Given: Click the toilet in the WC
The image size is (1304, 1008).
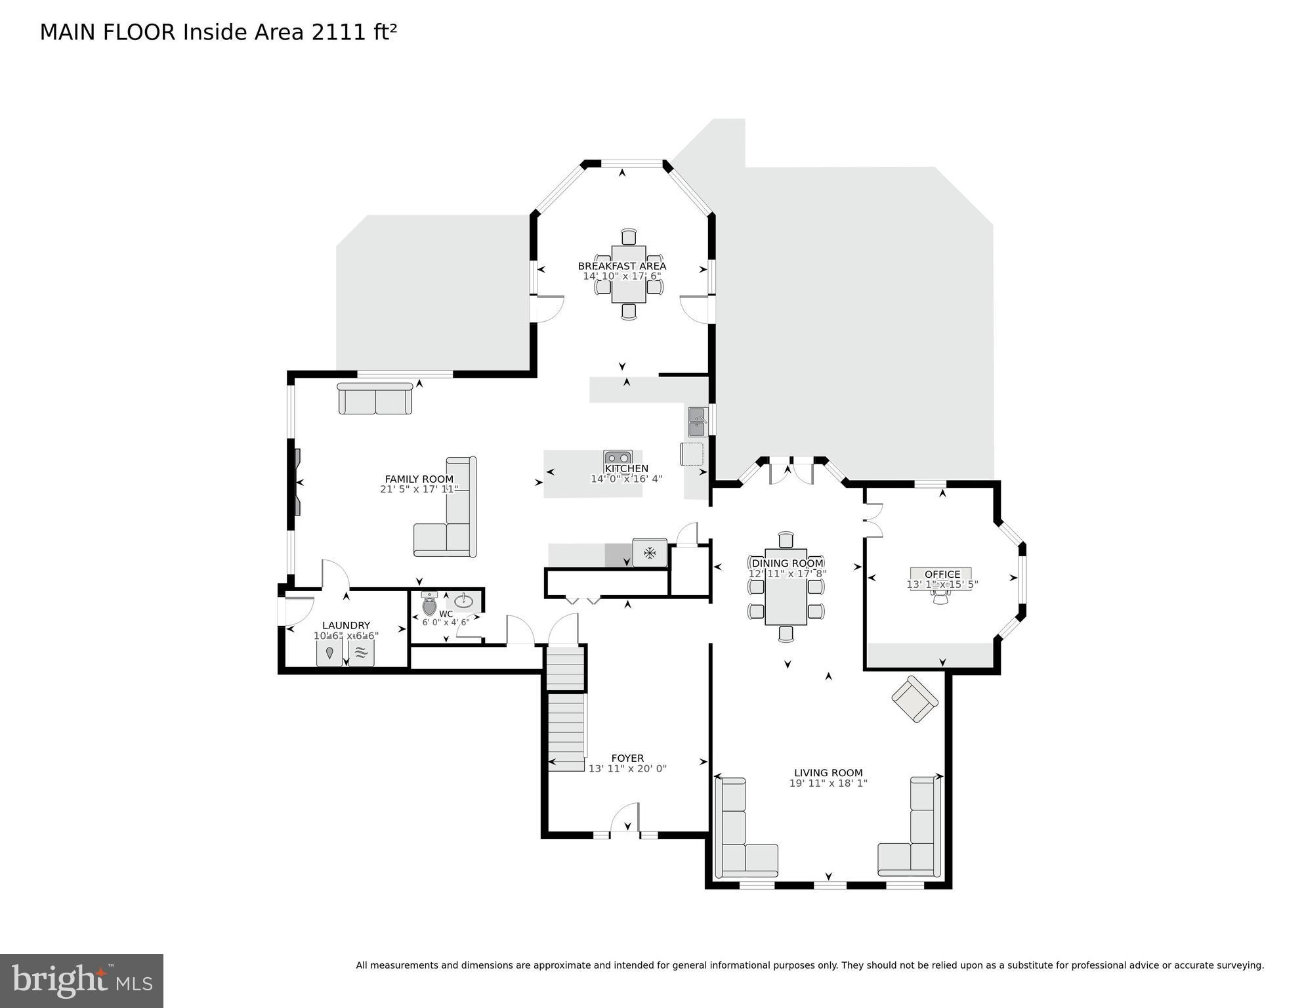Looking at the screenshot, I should click(x=429, y=605).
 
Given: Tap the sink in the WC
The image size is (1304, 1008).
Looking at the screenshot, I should click(x=464, y=600).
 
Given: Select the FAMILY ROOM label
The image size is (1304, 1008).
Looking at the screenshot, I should click(x=419, y=479).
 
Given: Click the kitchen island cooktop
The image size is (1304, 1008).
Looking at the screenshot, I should click(x=618, y=458).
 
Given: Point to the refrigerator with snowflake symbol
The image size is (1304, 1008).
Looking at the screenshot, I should click(x=650, y=553).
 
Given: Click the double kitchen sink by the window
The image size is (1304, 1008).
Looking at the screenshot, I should click(x=697, y=422).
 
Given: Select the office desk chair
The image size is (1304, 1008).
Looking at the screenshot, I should click(x=941, y=596).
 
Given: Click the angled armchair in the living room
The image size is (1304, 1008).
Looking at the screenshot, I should click(x=914, y=699).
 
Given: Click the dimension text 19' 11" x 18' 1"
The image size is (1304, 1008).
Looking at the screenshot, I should click(x=828, y=783).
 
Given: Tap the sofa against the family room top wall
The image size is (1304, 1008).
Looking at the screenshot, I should click(x=375, y=399).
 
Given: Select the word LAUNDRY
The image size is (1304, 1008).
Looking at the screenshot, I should click(x=346, y=625).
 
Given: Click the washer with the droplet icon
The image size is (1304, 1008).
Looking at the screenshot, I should click(x=329, y=653).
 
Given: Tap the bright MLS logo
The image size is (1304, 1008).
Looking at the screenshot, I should click(x=81, y=980).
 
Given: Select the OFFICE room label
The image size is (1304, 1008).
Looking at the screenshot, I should click(x=942, y=574).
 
